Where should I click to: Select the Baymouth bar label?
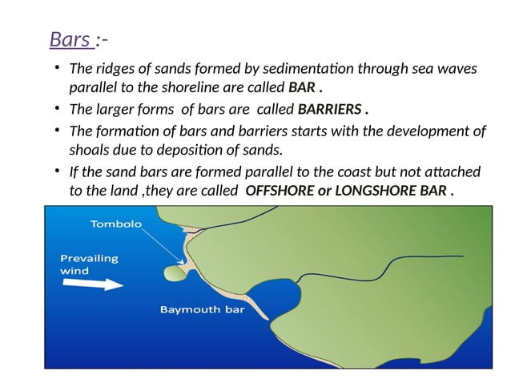tap(202, 309)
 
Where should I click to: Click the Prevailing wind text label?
tap(89, 264)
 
